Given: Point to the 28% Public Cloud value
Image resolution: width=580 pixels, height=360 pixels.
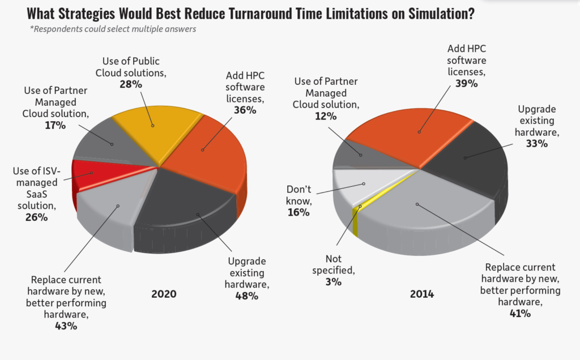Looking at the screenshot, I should click(x=129, y=83).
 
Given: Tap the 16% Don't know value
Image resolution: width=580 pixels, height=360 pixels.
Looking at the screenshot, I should click(x=298, y=212).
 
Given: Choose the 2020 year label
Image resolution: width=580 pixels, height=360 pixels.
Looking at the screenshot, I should click(x=164, y=294).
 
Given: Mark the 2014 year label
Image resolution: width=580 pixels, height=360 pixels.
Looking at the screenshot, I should click(x=421, y=294).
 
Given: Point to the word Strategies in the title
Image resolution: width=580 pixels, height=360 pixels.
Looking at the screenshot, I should click(x=98, y=14).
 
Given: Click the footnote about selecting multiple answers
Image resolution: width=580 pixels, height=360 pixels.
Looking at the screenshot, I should click(x=113, y=29).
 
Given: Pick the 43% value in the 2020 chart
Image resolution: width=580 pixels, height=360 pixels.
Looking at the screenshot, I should click(x=66, y=325).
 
